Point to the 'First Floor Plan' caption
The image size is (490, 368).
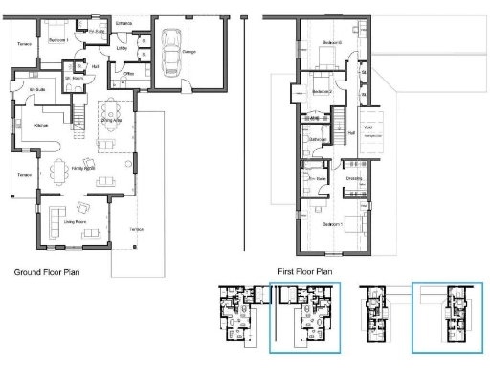point(305,272)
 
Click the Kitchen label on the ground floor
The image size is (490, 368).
point(41,126)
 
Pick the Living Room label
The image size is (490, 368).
point(76,221)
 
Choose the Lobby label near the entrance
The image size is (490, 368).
point(122,46)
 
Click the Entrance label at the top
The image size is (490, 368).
point(124,21)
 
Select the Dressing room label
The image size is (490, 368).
point(353,179)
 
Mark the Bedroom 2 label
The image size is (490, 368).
point(323,91)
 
